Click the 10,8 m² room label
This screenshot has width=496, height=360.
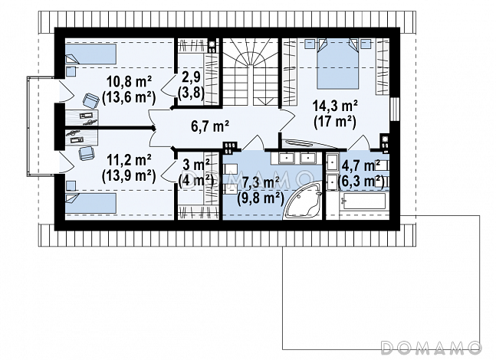129,83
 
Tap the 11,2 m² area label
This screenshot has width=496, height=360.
129,161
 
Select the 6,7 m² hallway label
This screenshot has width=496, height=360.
210,126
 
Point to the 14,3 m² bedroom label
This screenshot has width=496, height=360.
335,106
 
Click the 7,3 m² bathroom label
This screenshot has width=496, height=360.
261,183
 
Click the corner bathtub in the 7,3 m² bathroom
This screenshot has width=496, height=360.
303,201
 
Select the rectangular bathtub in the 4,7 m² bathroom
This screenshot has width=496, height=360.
363,201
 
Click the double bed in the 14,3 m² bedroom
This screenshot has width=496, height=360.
338,64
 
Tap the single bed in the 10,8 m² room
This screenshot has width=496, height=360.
90,54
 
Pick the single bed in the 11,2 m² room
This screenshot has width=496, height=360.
90,203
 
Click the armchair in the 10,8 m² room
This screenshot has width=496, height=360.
91,100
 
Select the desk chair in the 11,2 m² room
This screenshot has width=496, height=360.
87,154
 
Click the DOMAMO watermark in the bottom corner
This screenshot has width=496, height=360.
431,348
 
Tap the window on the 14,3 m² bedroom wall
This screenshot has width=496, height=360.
395,109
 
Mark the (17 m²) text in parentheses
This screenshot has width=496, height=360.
335,122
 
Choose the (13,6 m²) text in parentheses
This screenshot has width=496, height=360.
129,98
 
